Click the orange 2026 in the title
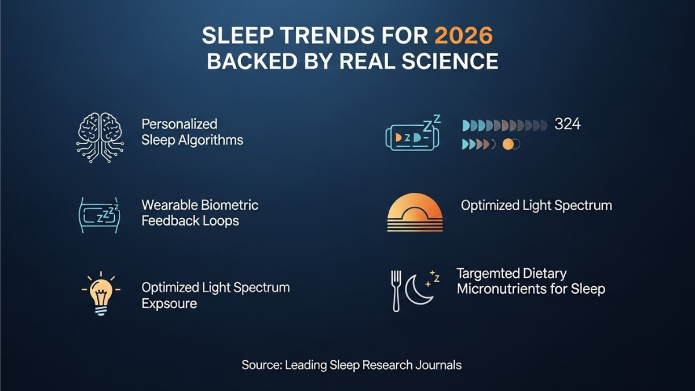click(x=463, y=36)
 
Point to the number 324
click(x=567, y=124)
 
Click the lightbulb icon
click(x=101, y=293)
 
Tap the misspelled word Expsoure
click(x=169, y=304)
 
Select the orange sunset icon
click(x=414, y=213)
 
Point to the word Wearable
click(x=169, y=205)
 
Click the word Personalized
click(x=180, y=124)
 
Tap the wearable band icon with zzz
click(x=99, y=215)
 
